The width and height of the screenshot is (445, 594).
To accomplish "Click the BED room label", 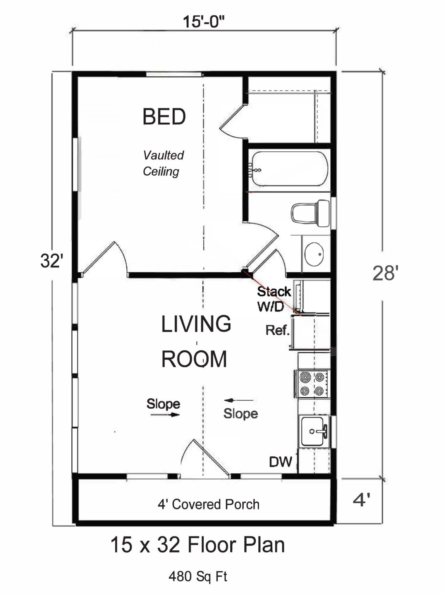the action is [x=164, y=117].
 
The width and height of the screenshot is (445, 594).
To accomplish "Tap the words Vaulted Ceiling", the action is [x=163, y=163].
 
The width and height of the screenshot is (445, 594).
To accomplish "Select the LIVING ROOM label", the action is [x=196, y=341].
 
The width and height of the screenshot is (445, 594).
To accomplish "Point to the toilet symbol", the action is [x=310, y=213].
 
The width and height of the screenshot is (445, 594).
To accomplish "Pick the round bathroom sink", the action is [x=314, y=254].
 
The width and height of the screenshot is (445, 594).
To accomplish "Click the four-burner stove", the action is [x=312, y=384].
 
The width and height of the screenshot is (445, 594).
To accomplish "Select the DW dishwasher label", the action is [x=280, y=462].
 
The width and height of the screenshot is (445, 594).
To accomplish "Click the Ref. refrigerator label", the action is [x=278, y=330].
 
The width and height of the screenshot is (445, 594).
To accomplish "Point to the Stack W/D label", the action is [x=273, y=299].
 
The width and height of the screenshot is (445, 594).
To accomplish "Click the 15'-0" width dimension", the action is [x=204, y=22].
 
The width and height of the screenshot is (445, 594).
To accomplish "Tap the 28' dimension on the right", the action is [x=386, y=273].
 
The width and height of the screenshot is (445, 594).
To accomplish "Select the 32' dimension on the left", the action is [x=51, y=261].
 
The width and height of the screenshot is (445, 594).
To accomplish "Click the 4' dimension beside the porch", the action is [x=362, y=500].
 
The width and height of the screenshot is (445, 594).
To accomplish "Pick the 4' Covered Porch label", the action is [x=208, y=504].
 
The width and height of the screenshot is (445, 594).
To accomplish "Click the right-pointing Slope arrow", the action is [x=165, y=415].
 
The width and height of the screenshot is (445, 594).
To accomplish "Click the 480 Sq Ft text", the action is [x=198, y=576].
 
